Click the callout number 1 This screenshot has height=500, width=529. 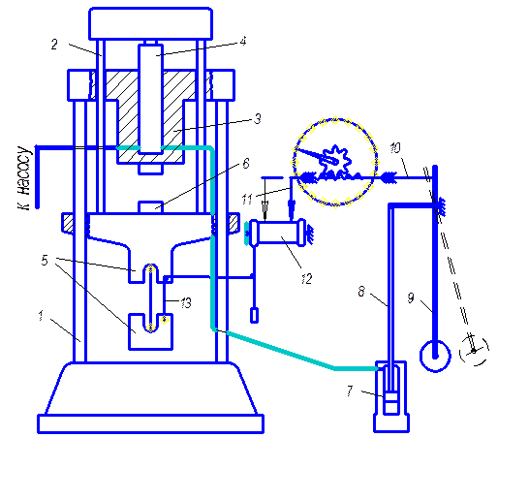coord(41,316)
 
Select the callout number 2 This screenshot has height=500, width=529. coord(54,45)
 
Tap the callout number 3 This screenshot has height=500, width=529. coord(258,119)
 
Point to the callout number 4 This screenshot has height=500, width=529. coord(243,41)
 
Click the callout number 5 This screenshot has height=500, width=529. coord(45,261)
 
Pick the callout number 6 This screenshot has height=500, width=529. coord(246,164)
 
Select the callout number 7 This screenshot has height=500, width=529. coord(350,391)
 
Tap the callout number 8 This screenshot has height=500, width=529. coord(361,291)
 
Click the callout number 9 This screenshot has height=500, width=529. coord(411,297)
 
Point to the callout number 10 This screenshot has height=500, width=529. coord(395,148)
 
